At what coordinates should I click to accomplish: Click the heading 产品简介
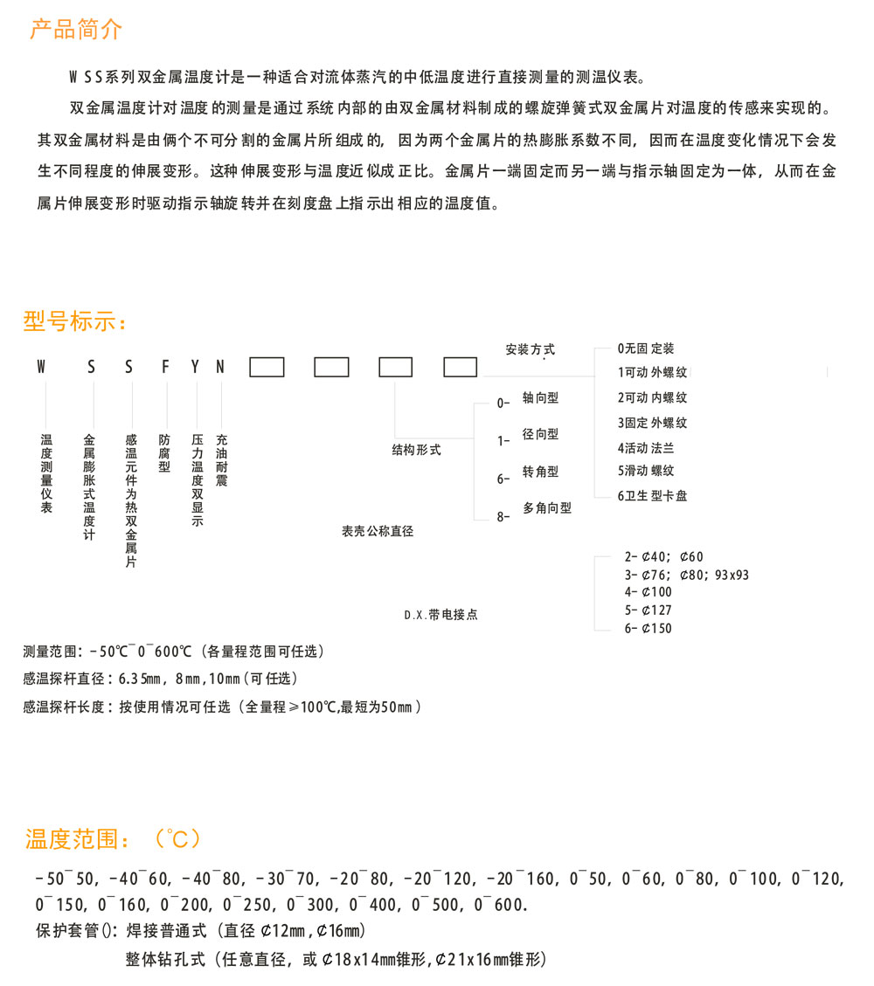coord(76,30)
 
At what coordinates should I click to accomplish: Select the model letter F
coord(165,368)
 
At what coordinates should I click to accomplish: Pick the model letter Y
coord(196,368)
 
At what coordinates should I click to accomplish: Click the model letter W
coord(40,368)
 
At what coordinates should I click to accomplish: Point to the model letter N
coord(220,368)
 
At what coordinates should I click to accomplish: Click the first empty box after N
coord(267,368)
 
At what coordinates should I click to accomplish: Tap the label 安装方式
coord(530,350)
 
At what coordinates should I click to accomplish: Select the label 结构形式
coord(416,451)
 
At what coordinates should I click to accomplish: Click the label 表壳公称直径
coord(378,530)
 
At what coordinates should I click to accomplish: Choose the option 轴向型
coord(540,398)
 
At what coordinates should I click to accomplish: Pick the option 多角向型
coord(547,507)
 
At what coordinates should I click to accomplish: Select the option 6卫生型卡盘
coord(652,496)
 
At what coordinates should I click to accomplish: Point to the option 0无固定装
coord(646,348)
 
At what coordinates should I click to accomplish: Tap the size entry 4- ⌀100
coord(648,593)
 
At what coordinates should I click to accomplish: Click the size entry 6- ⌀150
coord(648,628)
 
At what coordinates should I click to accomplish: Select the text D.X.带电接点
coord(440,615)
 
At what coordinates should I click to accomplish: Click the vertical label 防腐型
coord(165,453)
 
